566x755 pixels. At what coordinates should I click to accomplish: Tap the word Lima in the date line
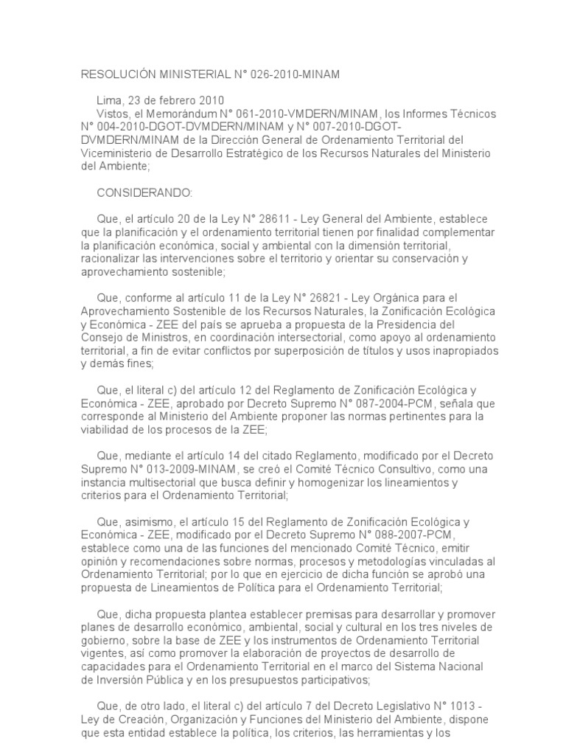109,100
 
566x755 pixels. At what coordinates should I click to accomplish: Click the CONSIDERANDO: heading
144,192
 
